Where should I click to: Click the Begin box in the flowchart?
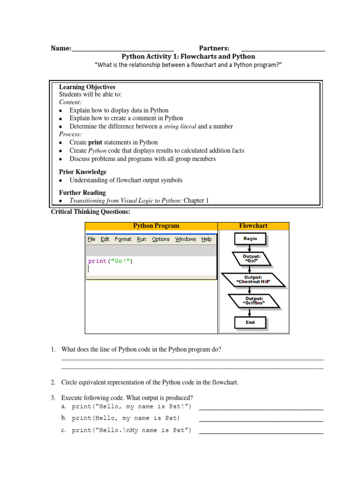tap(250, 239)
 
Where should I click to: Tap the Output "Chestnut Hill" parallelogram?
tap(253, 280)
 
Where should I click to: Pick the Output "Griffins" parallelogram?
tap(254, 300)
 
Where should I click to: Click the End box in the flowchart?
tap(250, 322)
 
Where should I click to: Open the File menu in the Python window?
tap(91, 239)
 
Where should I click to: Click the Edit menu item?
tap(105, 239)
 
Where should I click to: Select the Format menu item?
tap(123, 239)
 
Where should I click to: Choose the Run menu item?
tap(142, 239)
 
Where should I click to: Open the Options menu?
tap(161, 239)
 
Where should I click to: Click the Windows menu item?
tap(186, 239)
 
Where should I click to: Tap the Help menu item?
tap(206, 239)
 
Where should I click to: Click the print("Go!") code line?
tap(110, 261)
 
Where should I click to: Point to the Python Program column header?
tap(156, 226)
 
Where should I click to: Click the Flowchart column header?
tap(253, 226)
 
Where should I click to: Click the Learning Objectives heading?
tap(87, 87)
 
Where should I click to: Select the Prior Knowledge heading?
tap(82, 172)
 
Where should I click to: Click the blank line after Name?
tap(123, 49)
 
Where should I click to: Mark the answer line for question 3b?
tap(261, 420)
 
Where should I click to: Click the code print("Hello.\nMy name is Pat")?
tap(131, 430)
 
